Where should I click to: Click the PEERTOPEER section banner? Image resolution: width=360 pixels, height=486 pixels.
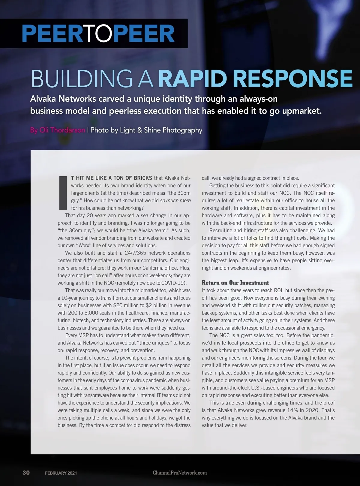click(x=98, y=34)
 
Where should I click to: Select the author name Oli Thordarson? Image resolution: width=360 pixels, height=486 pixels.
click(x=62, y=130)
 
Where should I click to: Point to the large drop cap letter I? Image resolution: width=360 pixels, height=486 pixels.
click(x=63, y=193)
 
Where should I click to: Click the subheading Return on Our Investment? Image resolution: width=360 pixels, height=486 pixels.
click(x=235, y=283)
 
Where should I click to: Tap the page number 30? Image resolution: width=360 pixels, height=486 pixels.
click(x=26, y=473)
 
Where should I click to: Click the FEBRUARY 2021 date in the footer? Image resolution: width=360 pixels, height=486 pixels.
click(x=61, y=473)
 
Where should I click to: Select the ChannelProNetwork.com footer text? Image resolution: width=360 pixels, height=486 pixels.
click(x=180, y=473)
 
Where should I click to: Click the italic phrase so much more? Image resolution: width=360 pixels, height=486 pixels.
click(x=175, y=201)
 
